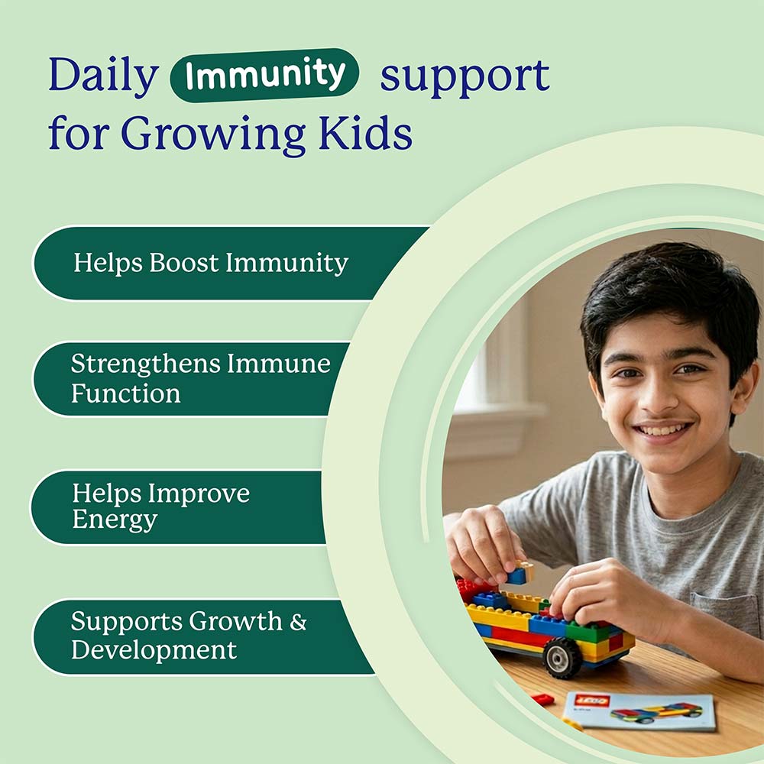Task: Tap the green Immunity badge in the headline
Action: click(264, 75)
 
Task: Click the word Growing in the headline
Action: click(214, 134)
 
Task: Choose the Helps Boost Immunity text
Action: click(211, 263)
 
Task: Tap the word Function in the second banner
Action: click(126, 393)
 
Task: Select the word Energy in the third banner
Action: click(115, 520)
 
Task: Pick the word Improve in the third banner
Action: click(199, 494)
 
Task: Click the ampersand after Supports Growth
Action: click(298, 621)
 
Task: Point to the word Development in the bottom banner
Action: click(154, 650)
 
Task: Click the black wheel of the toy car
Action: click(562, 657)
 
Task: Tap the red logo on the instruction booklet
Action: click(591, 701)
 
